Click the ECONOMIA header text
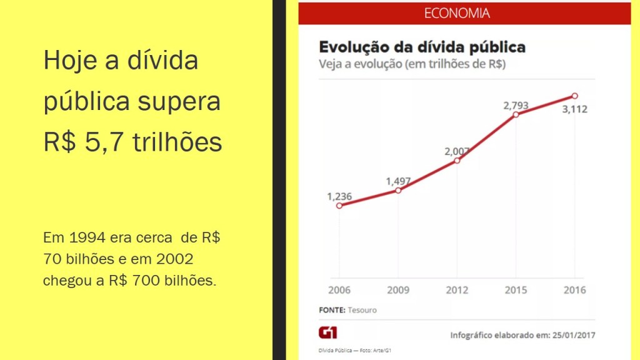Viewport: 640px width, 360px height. [x=456, y=13]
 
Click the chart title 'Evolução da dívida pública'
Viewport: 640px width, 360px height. [x=422, y=47]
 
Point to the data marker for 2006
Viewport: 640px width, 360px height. [x=339, y=205]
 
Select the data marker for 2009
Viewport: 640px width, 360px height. [x=398, y=190]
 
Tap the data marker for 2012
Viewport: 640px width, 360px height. [x=457, y=161]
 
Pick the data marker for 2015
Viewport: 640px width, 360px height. [x=516, y=114]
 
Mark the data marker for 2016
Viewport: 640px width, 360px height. [x=574, y=96]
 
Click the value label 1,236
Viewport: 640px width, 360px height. [x=339, y=196]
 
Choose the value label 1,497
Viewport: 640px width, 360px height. [x=398, y=181]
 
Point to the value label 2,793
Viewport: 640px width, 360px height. [x=516, y=106]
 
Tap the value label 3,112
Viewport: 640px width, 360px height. [x=574, y=109]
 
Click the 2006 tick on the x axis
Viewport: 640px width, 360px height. [x=339, y=290]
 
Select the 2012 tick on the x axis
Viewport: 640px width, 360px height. [x=457, y=290]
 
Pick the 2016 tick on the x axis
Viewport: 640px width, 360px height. [x=574, y=290]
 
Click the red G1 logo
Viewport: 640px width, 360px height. [x=327, y=332]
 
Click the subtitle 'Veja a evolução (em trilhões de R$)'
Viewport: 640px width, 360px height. [x=412, y=64]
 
